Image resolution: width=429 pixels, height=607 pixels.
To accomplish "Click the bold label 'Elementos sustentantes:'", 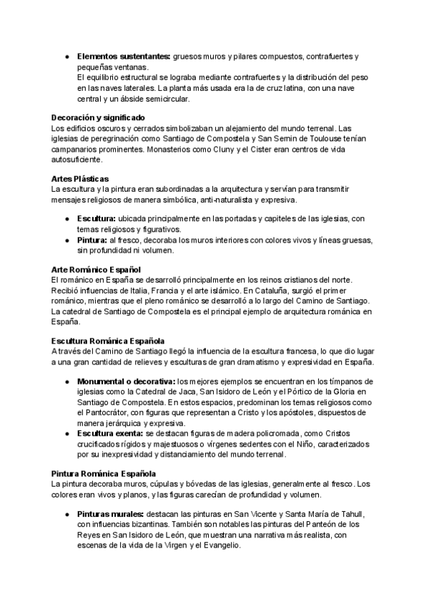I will [x=123, y=56].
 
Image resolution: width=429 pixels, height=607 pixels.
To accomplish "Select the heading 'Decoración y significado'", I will [x=98, y=117].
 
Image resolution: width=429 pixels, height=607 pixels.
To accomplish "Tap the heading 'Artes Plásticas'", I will [x=80, y=178].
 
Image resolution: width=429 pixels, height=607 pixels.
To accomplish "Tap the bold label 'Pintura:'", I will [x=93, y=240].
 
